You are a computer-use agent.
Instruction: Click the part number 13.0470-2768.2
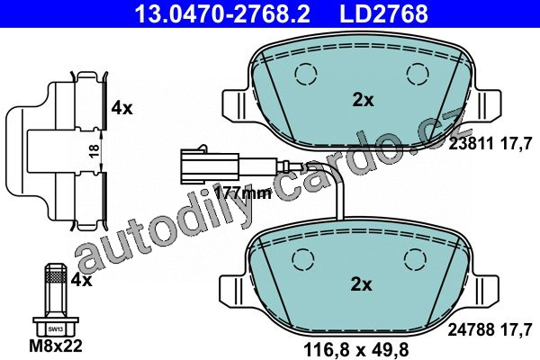point(222,13)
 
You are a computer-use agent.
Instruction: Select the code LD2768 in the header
point(383,13)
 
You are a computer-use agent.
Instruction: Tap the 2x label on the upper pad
point(363,100)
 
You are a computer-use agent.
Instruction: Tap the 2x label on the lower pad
point(361,285)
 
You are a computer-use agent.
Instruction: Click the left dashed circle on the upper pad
point(306,75)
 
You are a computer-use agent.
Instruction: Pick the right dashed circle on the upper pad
point(418,74)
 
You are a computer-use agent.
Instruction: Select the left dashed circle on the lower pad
point(303,260)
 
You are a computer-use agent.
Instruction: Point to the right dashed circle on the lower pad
point(415,260)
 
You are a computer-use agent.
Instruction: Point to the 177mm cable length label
point(243,193)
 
